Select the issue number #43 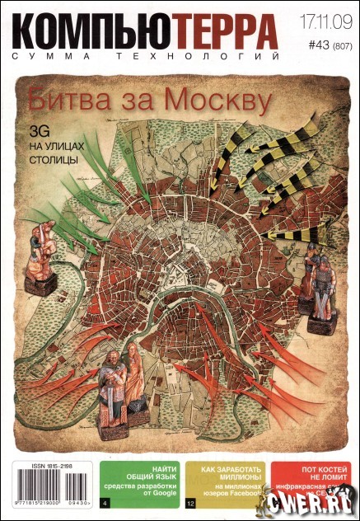(305, 48)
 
